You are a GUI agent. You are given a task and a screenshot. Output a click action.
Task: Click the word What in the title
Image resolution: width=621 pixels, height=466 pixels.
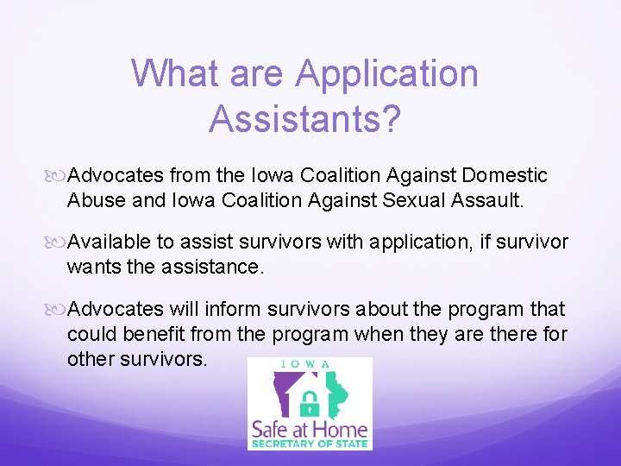pos(176,73)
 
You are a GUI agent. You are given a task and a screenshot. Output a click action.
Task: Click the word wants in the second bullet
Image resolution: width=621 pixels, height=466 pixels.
pos(92,267)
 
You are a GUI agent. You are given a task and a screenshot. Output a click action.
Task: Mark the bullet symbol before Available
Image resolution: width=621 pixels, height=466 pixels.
pos(58,243)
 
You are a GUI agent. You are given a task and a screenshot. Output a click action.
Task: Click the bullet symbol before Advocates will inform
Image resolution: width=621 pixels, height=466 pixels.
pos(58,310)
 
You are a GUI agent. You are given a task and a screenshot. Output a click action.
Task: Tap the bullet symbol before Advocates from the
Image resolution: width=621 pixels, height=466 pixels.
pos(58,177)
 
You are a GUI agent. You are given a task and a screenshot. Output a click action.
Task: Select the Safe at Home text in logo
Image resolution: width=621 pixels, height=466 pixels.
pos(310,429)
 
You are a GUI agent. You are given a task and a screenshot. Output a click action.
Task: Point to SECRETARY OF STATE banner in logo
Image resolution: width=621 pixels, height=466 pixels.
pos(310,444)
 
